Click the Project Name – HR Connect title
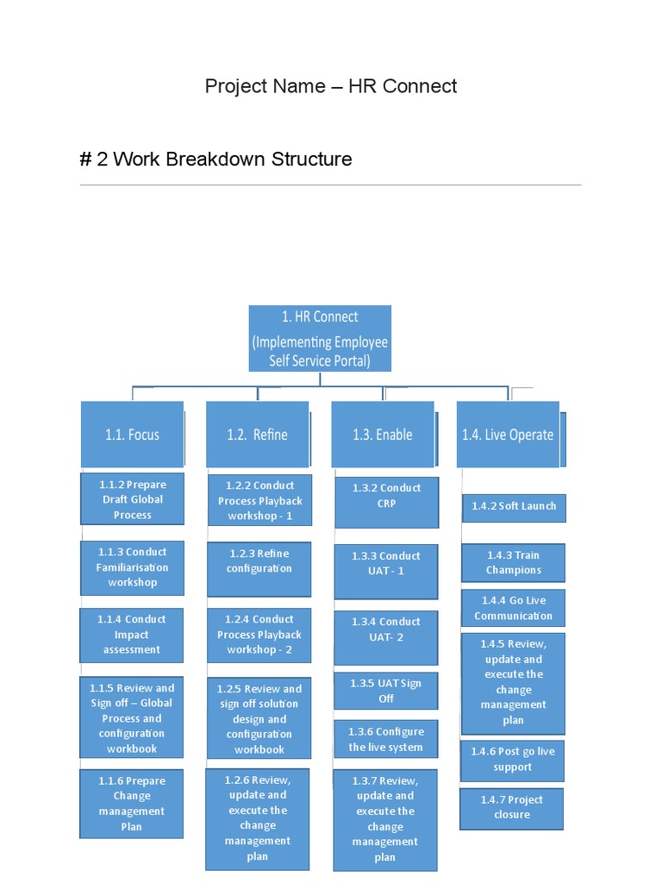[331, 86]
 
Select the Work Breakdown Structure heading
[215, 160]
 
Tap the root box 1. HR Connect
[320, 338]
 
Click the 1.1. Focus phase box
[132, 435]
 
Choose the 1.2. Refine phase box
[257, 435]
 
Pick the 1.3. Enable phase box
[382, 435]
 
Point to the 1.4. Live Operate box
[508, 435]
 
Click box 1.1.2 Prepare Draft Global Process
[132, 499]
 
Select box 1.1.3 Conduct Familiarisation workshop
[132, 567]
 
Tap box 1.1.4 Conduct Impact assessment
[132, 635]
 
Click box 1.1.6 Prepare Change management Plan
[132, 804]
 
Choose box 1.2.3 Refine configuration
[259, 561]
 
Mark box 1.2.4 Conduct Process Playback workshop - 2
[259, 635]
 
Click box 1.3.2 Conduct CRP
[386, 496]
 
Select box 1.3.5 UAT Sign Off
[386, 691]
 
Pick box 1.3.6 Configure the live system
[386, 740]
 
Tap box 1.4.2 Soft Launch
[514, 506]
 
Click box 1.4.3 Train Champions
[514, 563]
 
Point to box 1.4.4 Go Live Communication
[514, 608]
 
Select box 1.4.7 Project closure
[512, 807]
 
